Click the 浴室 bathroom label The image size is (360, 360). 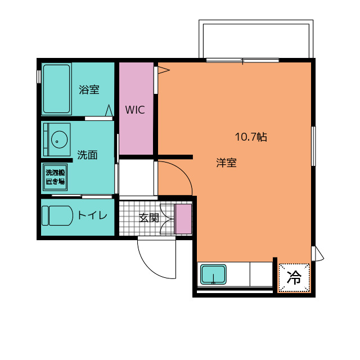coord(89,89)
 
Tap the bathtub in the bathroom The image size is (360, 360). coord(56,89)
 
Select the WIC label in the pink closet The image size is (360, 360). coord(135,110)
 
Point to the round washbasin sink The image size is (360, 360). coord(59,139)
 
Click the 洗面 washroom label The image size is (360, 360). coord(87,155)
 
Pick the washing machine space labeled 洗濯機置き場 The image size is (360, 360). coord(55,177)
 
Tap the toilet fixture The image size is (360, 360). coord(57,215)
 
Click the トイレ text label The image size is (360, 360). coord(92,215)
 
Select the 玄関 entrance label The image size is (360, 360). coord(149,218)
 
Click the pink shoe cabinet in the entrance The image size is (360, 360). coord(183,219)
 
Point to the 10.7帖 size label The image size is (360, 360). coord(251,137)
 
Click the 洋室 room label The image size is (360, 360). coord(226,163)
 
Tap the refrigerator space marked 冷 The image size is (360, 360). coord(294,278)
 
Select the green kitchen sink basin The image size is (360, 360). coord(214,274)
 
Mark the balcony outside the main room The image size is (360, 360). coord(256,39)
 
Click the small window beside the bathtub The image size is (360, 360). coord(39,76)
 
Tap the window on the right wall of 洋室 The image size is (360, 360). coord(313,146)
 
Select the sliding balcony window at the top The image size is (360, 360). coord(242,60)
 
